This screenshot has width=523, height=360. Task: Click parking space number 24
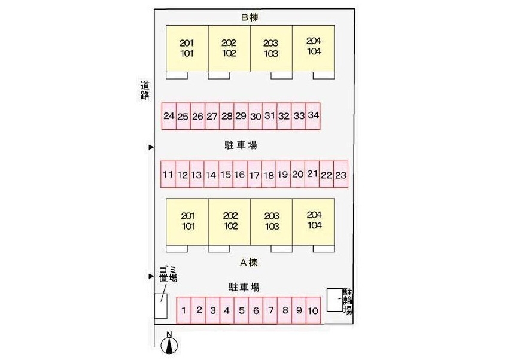169,115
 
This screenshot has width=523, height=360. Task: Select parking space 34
313,115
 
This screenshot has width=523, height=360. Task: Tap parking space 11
168,175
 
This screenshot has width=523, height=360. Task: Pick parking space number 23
341,175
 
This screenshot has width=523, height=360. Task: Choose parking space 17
254,175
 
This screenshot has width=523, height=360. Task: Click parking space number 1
184,310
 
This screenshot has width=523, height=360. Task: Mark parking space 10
313,310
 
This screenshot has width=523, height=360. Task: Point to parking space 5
242,310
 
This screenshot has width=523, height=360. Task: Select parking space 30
256,115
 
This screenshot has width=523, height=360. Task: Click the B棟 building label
250,17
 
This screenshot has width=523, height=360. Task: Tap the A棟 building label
249,263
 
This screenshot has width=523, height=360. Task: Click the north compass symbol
169,344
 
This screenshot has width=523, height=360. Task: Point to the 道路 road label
145,90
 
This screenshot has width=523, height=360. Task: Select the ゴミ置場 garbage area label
168,274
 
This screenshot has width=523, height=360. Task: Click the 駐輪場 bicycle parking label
348,301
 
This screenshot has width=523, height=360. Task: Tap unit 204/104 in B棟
314,48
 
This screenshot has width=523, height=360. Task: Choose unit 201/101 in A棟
187,222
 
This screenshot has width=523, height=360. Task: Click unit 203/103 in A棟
272,222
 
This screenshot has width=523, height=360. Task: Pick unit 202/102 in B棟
229,48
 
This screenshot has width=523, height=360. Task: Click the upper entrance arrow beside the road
151,147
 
